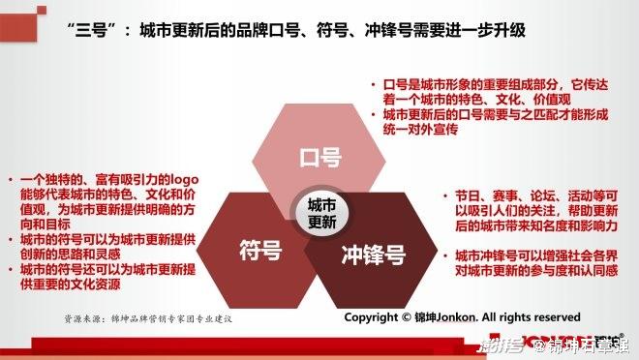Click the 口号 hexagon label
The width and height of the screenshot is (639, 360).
tap(319, 155)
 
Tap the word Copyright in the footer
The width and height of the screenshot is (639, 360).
tap(371, 316)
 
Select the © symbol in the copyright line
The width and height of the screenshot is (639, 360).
tap(406, 316)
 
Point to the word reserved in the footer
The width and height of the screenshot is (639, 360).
tap(551, 316)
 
